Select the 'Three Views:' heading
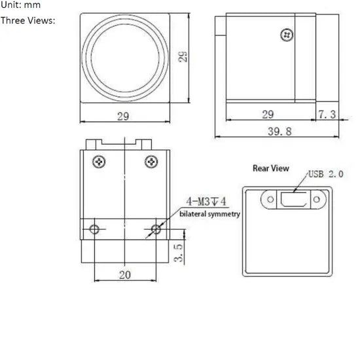[28, 20]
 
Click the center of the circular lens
[124, 57]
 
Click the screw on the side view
[285, 35]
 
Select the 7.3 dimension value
[327, 115]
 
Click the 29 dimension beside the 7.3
[268, 115]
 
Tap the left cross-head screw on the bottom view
[99, 160]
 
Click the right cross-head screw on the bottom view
[151, 160]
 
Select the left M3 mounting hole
[95, 229]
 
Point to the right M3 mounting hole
[155, 229]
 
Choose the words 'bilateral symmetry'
[209, 214]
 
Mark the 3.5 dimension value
[177, 253]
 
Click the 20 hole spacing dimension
[124, 274]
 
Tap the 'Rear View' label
[270, 168]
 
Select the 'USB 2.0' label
[325, 174]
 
